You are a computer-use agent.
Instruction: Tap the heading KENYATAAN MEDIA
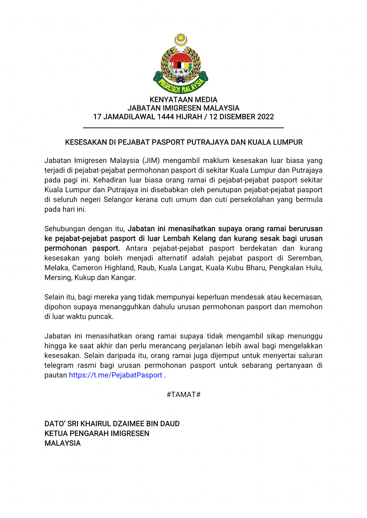[183, 99]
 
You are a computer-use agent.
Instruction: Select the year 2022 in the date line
[265, 117]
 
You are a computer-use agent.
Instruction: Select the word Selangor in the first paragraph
[118, 200]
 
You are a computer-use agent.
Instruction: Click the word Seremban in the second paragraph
[305, 258]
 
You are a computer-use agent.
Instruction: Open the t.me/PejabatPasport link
[115, 375]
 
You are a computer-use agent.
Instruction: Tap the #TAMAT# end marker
[183, 394]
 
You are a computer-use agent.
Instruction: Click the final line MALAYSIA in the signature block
[63, 443]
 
